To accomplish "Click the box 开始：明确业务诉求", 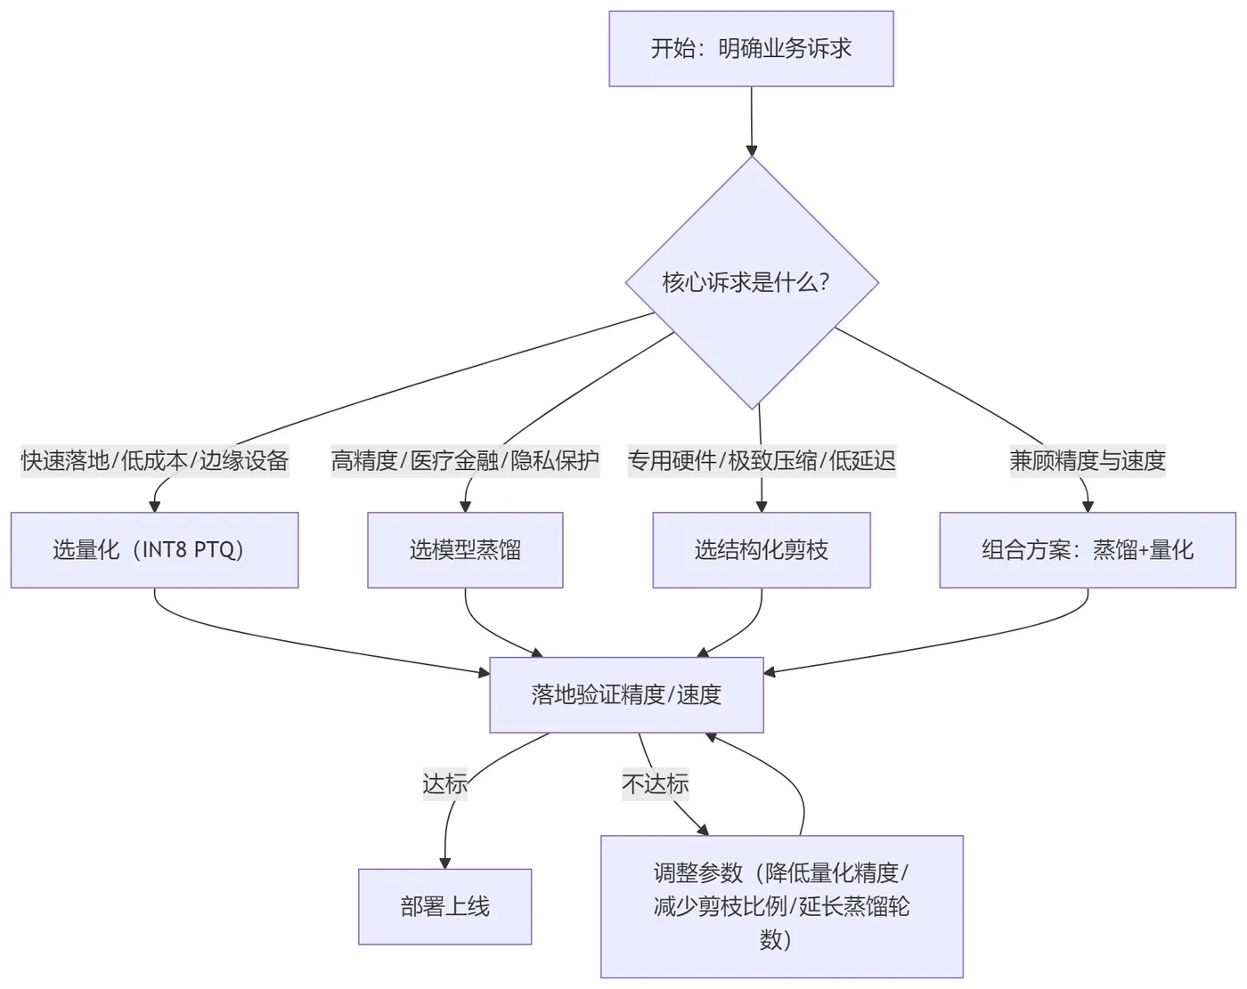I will [x=751, y=49].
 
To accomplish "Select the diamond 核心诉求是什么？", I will [x=752, y=283].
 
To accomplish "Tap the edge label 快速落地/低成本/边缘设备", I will [x=155, y=460].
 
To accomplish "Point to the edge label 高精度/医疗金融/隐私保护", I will [x=465, y=460].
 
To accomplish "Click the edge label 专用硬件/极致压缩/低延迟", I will [x=762, y=460].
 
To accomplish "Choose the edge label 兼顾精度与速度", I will [x=1088, y=460].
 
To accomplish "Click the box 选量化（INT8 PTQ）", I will [x=154, y=550].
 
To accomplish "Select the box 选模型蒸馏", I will [x=465, y=550].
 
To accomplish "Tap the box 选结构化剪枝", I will [x=762, y=550].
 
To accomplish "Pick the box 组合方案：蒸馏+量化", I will [x=1088, y=550].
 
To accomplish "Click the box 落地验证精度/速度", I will [x=626, y=695].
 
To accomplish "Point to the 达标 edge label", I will [x=444, y=784].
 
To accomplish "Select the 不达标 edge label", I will [x=656, y=784].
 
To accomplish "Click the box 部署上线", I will [x=444, y=907].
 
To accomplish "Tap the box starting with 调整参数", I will [x=781, y=906].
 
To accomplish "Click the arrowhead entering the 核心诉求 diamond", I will [x=752, y=150].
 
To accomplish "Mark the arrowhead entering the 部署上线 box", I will [x=444, y=863].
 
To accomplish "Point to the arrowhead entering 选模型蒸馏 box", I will [x=465, y=507].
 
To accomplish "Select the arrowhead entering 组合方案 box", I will [x=1088, y=507].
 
